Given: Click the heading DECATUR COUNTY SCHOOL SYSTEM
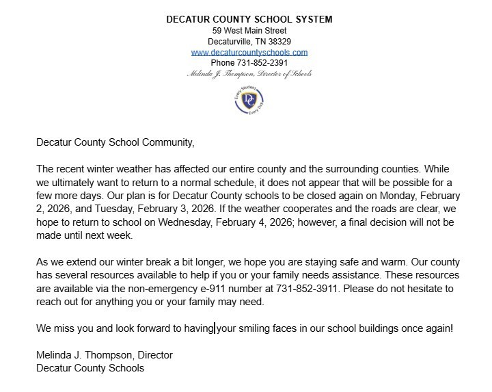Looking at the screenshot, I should coord(249,19).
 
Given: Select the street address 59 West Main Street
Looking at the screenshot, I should coord(249,30).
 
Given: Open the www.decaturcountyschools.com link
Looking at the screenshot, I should coord(249,52).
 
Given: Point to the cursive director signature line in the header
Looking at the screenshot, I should coord(249,74).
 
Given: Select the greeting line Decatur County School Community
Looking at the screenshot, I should coord(115,143).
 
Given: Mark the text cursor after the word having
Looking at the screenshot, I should coord(215,328).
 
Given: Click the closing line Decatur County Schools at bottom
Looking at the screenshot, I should coord(90,368).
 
